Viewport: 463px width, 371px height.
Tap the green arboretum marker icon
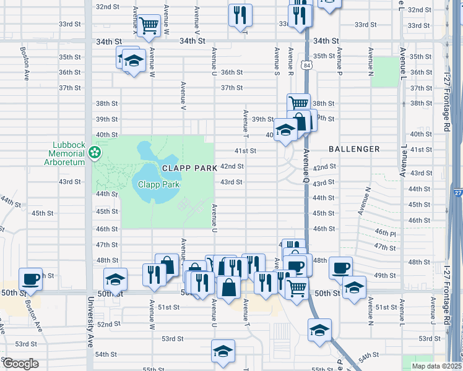(x=95, y=152)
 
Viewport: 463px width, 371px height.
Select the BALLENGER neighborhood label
(x=354, y=149)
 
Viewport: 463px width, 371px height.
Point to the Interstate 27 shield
(x=457, y=193)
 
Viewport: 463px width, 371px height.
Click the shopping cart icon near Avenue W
(x=149, y=26)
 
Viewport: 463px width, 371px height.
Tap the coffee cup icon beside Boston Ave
(x=30, y=278)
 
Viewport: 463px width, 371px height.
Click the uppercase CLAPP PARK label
(x=189, y=168)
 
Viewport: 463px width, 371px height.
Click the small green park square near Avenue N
(x=386, y=71)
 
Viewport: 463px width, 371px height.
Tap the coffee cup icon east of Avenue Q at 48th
(x=340, y=268)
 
